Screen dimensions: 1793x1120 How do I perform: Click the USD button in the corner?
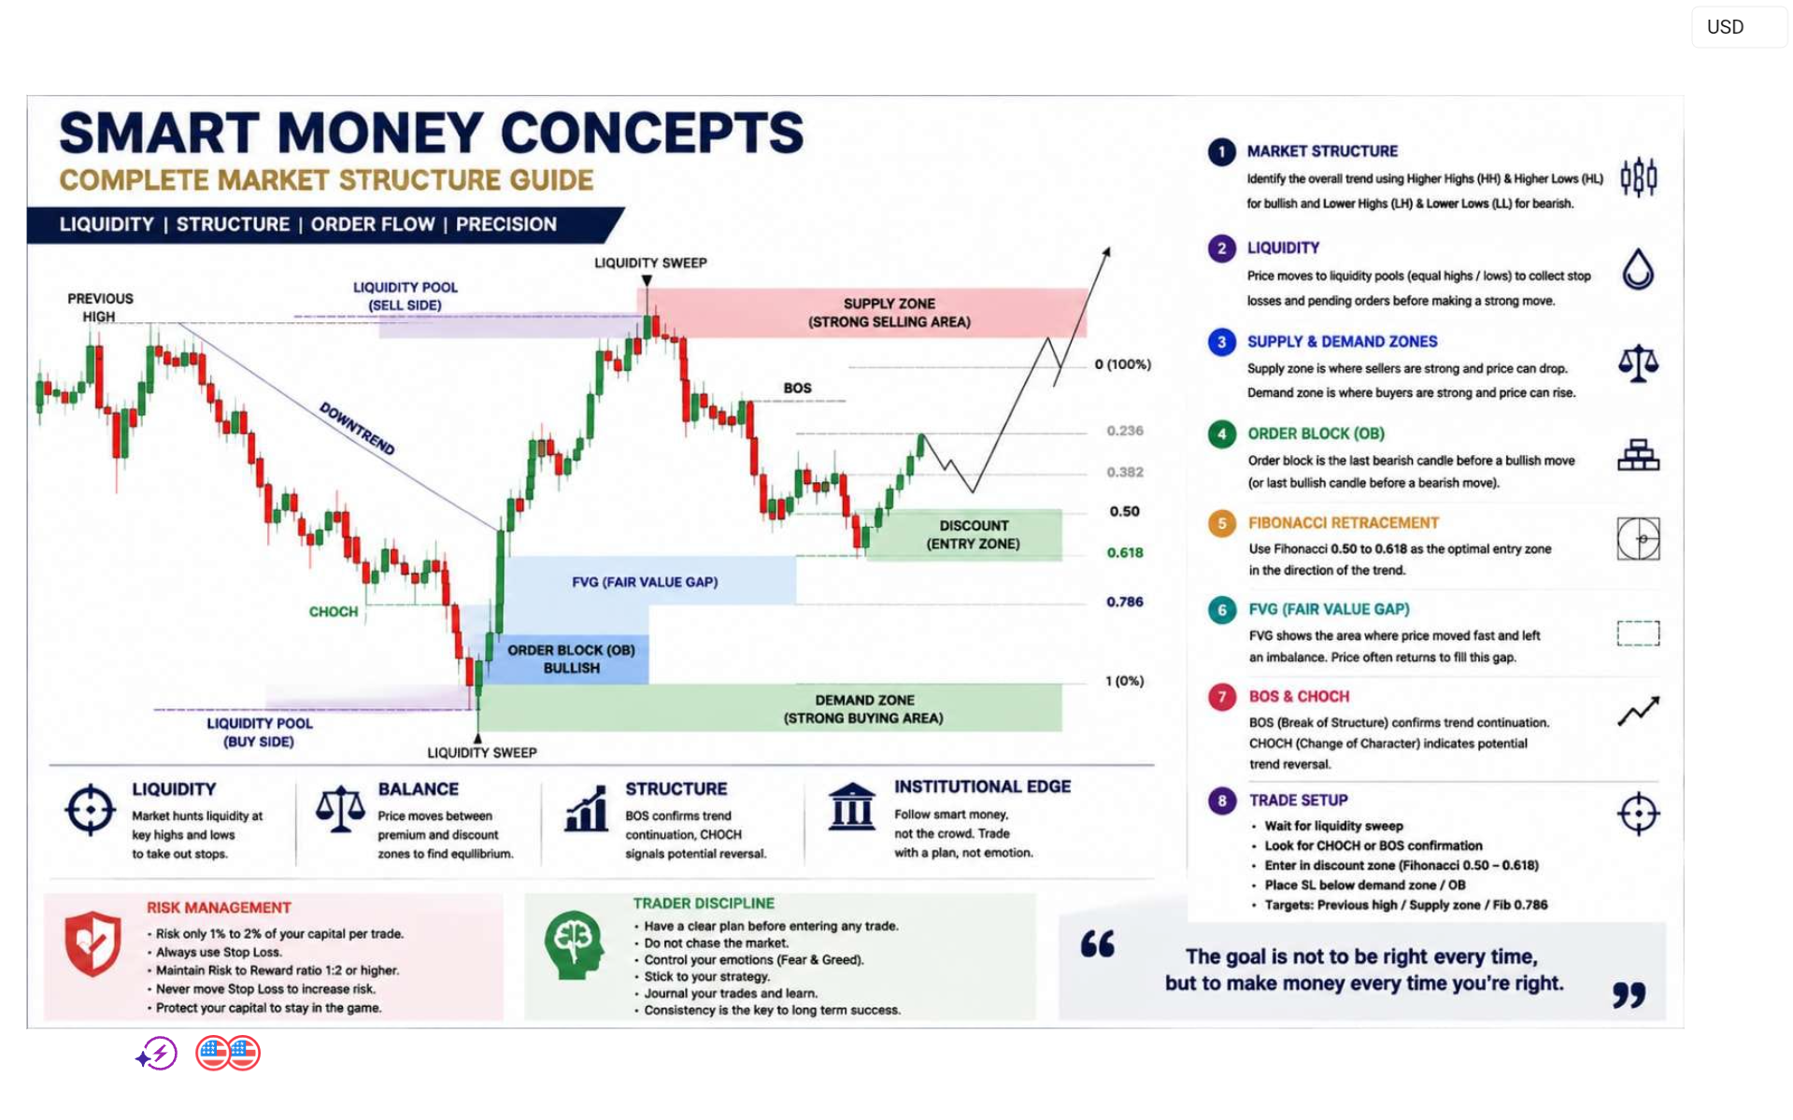coord(1739,27)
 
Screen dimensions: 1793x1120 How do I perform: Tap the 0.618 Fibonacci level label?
coord(1124,553)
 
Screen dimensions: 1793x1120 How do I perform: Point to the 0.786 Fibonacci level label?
coord(1124,603)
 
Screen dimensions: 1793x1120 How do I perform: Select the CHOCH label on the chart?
coord(334,612)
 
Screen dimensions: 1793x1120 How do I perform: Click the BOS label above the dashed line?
coord(797,389)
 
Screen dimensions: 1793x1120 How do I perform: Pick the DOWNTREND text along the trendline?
coord(357,429)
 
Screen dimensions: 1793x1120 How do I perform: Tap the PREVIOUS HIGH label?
coord(100,307)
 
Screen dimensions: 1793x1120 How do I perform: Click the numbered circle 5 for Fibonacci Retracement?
coord(1221,523)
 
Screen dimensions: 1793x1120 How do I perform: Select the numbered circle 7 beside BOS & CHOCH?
coord(1221,697)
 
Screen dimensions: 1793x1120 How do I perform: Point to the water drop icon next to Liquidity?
coord(1638,269)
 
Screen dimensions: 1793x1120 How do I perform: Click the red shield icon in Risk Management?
coord(92,943)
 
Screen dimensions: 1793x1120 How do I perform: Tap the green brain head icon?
coord(573,944)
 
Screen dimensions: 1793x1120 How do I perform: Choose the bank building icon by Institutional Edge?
coord(851,806)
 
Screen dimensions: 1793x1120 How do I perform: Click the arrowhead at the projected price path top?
coord(1106,251)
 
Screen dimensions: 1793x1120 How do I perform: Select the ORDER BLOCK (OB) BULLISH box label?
coord(571,659)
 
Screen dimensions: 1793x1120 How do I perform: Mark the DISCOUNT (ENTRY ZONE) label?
coord(973,535)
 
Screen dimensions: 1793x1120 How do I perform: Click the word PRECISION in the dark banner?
coord(505,225)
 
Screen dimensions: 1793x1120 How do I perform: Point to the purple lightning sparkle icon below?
coord(157,1055)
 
